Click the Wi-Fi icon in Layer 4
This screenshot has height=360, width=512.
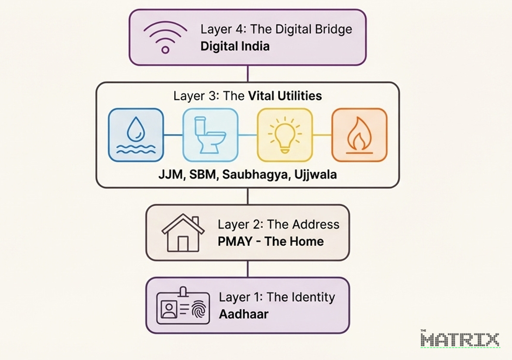(165, 37)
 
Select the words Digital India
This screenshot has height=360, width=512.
(235, 46)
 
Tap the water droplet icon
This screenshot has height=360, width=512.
(136, 135)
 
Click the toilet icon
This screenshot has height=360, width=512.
(210, 135)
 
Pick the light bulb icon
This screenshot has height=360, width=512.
(285, 135)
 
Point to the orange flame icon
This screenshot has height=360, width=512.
(359, 135)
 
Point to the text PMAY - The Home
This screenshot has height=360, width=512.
(271, 241)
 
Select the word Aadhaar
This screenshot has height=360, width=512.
(244, 314)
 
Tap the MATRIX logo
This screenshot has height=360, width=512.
(460, 339)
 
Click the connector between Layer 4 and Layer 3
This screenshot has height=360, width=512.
(247, 73)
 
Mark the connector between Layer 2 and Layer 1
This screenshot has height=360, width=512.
(247, 269)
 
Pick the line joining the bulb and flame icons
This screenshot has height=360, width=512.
(322, 135)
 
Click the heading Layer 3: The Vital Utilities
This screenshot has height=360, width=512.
(247, 96)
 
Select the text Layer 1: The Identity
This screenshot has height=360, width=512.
(277, 297)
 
